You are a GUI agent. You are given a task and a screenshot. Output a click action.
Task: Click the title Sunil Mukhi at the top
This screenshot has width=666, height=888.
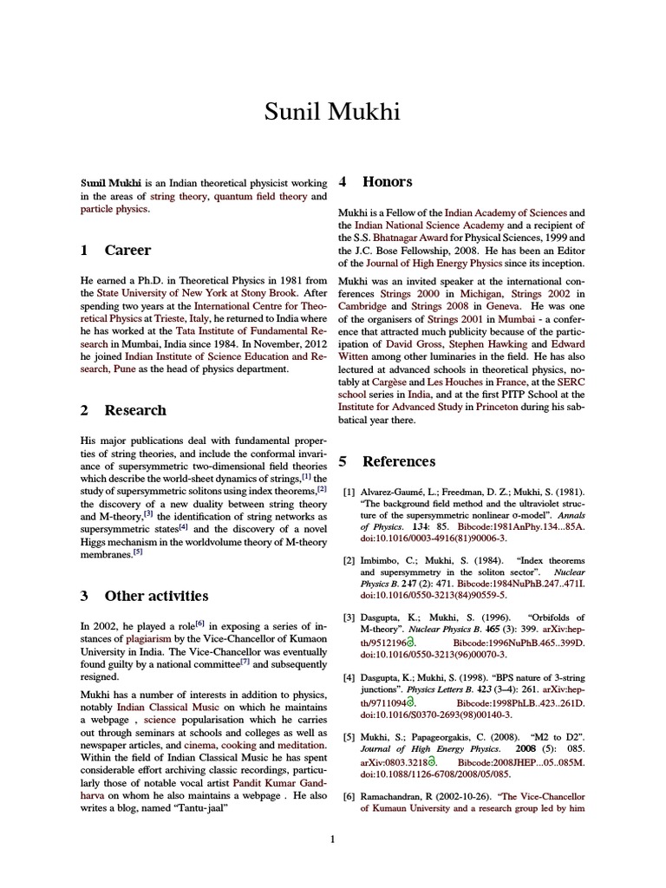(x=333, y=112)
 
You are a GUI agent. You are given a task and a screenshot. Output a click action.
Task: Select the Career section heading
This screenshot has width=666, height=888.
(x=127, y=250)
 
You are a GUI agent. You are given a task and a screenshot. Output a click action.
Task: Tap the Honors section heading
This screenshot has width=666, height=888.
(x=387, y=182)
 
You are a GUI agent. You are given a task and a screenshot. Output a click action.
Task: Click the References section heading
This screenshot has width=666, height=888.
(x=399, y=461)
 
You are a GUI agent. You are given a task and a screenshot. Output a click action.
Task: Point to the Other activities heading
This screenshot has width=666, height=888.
(x=156, y=596)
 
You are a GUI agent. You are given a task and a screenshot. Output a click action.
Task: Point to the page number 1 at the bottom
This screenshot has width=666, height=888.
(x=333, y=839)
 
